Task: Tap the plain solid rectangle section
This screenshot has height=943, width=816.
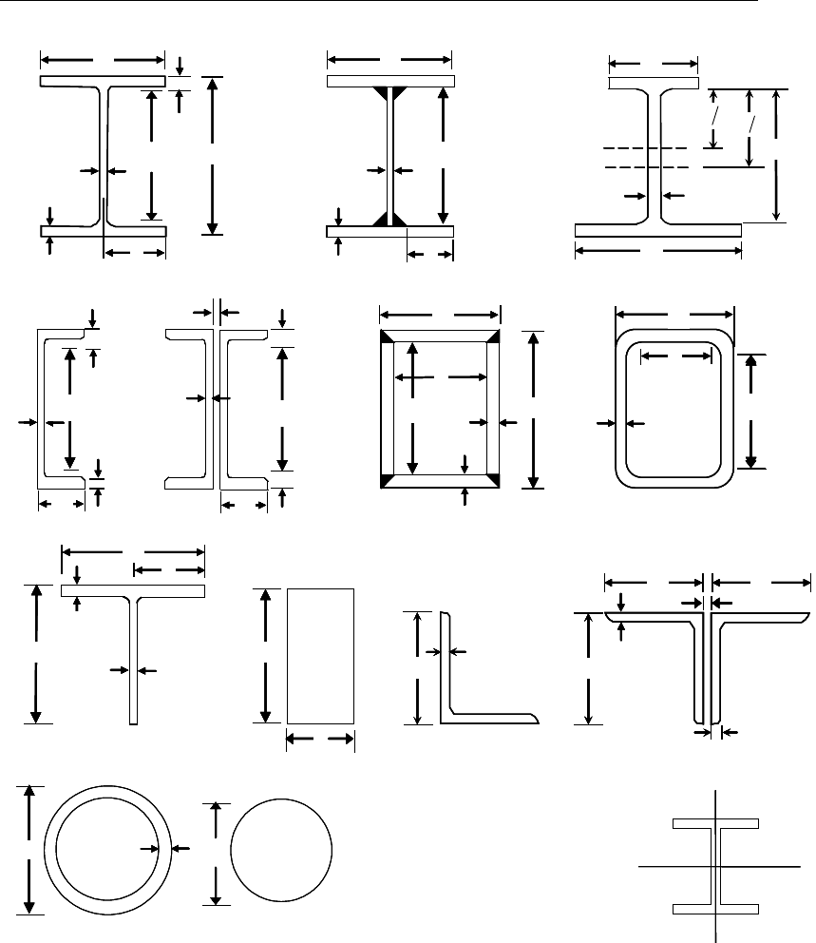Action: [321, 656]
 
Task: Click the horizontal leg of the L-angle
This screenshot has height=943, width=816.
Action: [494, 717]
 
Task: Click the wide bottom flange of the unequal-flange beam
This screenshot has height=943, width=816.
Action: [657, 230]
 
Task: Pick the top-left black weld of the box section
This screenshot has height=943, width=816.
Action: [387, 337]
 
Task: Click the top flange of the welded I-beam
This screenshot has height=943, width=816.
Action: [389, 82]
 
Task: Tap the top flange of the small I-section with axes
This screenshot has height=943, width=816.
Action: [714, 822]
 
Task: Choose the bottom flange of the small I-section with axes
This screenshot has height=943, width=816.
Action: [714, 910]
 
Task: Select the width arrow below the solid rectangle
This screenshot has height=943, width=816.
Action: [321, 739]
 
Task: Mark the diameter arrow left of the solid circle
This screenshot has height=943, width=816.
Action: [218, 852]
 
